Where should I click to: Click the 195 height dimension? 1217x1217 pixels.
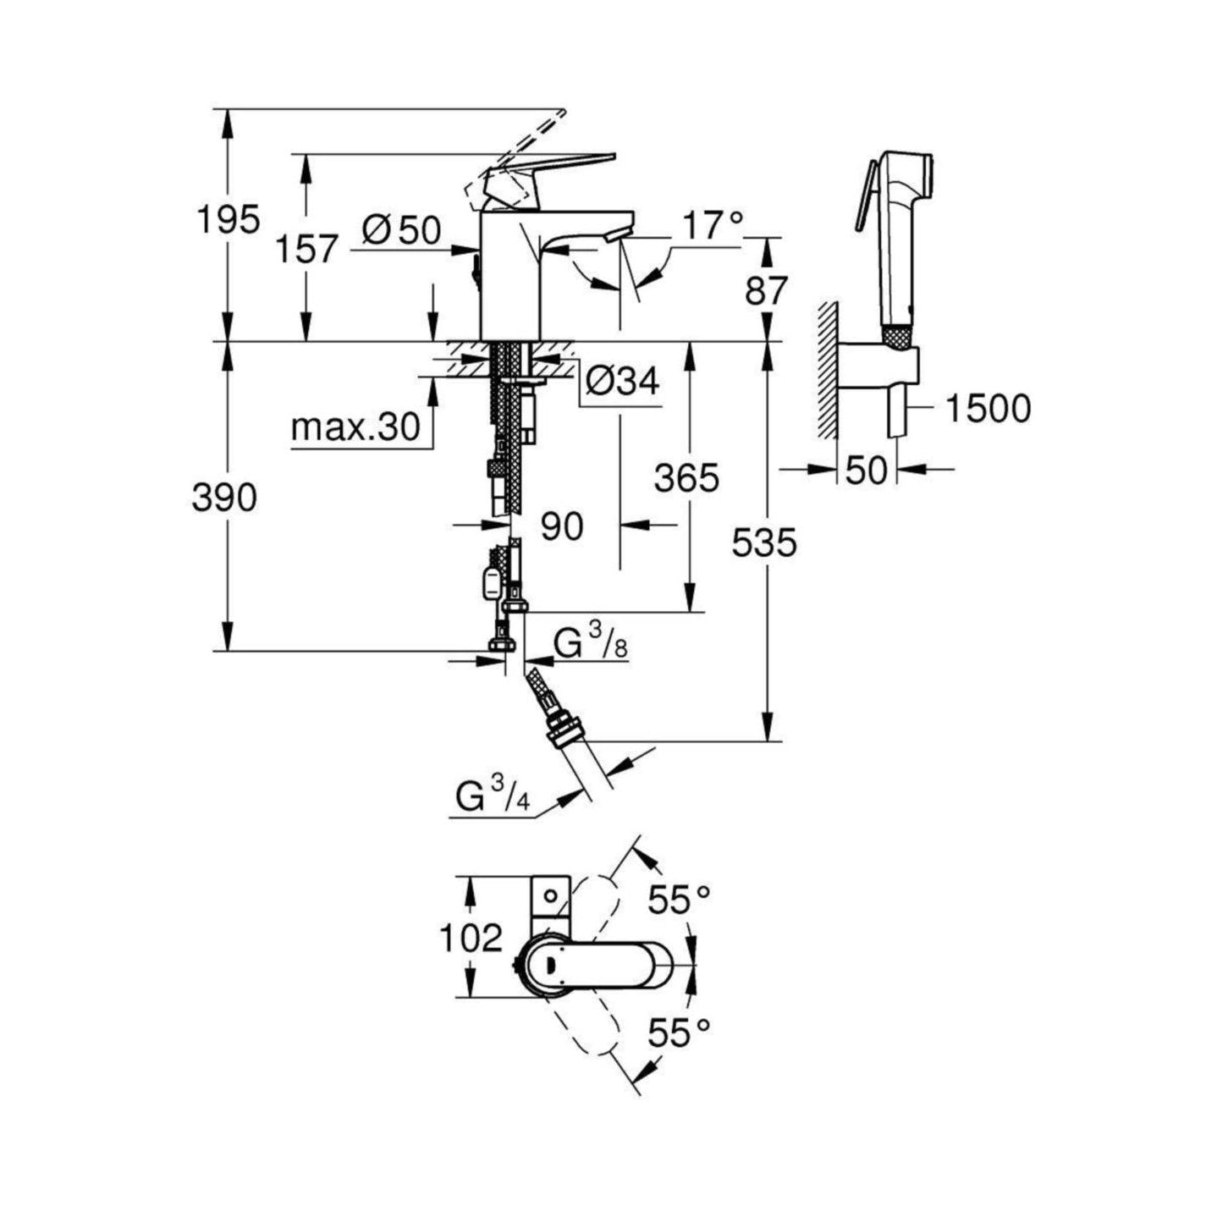pyautogui.click(x=229, y=219)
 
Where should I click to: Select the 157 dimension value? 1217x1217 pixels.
pyautogui.click(x=307, y=249)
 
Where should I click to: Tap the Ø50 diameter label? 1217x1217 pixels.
pyautogui.click(x=401, y=229)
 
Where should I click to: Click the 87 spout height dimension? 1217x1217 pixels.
pyautogui.click(x=767, y=291)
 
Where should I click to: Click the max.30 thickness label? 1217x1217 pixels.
pyautogui.click(x=355, y=428)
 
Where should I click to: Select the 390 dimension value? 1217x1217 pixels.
pyautogui.click(x=225, y=498)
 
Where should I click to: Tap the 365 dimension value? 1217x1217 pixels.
pyautogui.click(x=686, y=477)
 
